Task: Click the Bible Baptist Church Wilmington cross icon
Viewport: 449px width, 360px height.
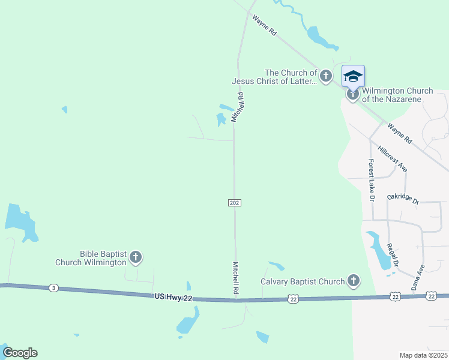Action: click(136, 258)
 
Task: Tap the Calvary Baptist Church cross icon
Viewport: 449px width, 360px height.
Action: click(354, 280)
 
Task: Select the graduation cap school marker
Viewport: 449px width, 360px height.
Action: click(353, 76)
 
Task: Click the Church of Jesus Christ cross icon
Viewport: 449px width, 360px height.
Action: click(325, 76)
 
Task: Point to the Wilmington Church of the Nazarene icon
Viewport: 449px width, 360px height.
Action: click(352, 94)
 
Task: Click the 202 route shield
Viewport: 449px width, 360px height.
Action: click(235, 203)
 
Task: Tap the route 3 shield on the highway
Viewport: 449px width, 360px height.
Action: click(54, 288)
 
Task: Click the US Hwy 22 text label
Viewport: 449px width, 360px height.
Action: click(176, 296)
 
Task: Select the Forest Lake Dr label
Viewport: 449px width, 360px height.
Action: click(372, 180)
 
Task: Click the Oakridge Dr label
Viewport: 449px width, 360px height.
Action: click(403, 197)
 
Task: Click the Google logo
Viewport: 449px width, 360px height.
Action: click(20, 353)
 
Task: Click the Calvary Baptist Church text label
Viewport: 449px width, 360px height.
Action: click(303, 281)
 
